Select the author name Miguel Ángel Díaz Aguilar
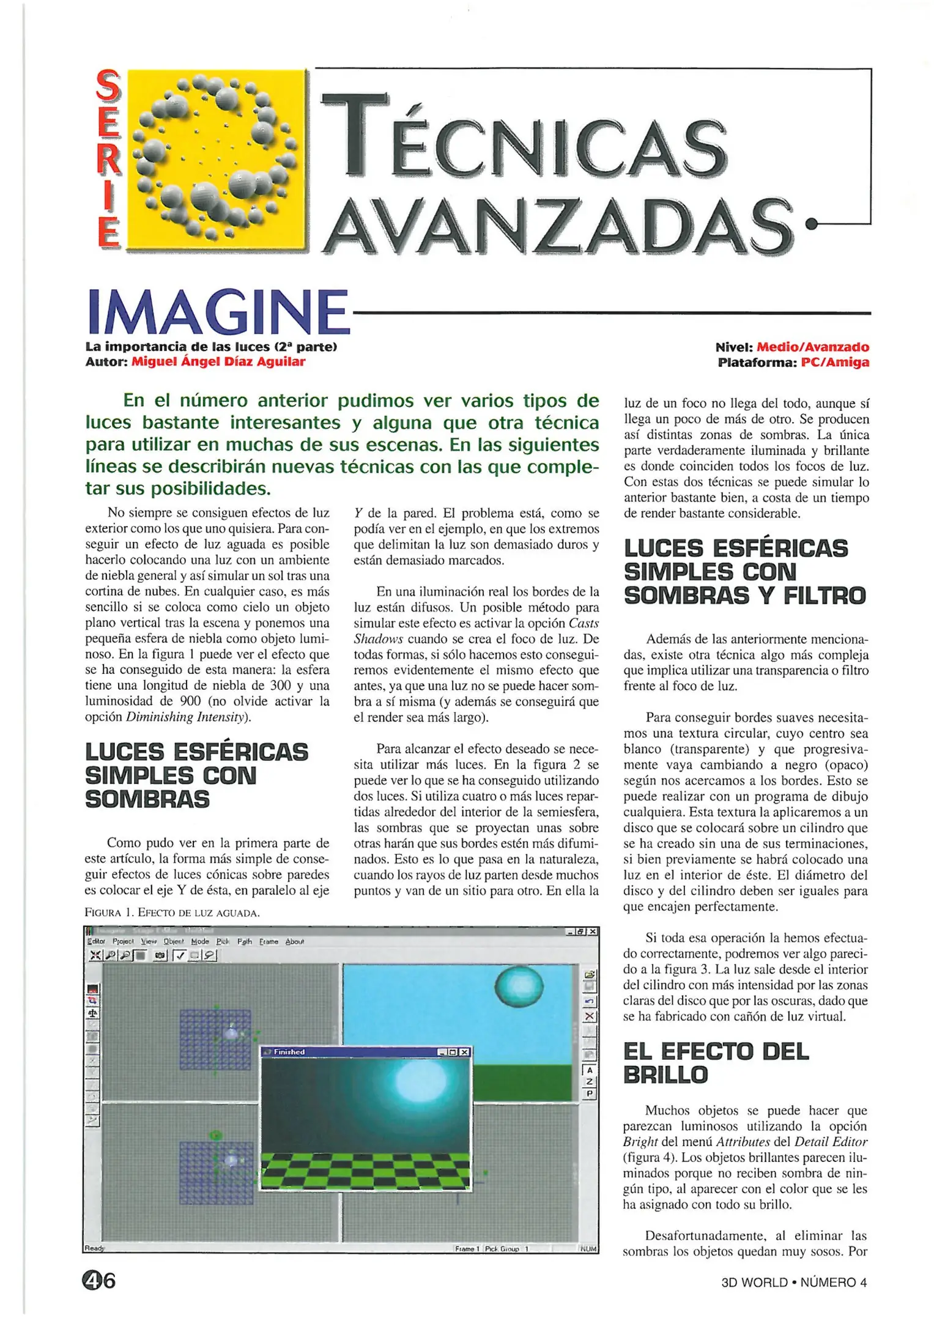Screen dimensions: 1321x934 click(218, 361)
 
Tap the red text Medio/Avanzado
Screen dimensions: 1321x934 click(812, 347)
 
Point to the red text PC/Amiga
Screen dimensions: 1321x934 click(834, 362)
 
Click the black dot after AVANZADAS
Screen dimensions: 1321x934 click(811, 224)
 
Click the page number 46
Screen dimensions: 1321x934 click(99, 1280)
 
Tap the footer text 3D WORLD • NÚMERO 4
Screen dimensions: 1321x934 click(794, 1282)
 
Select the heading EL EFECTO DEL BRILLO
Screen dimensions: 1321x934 click(716, 1064)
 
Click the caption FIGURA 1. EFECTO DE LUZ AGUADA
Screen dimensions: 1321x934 click(172, 913)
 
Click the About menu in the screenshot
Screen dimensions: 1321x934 click(294, 942)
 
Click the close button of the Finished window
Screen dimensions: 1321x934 click(465, 1052)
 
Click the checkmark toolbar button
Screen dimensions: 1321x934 click(180, 955)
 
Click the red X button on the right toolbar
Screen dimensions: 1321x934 click(589, 1016)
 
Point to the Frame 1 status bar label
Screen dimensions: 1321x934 click(467, 1249)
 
